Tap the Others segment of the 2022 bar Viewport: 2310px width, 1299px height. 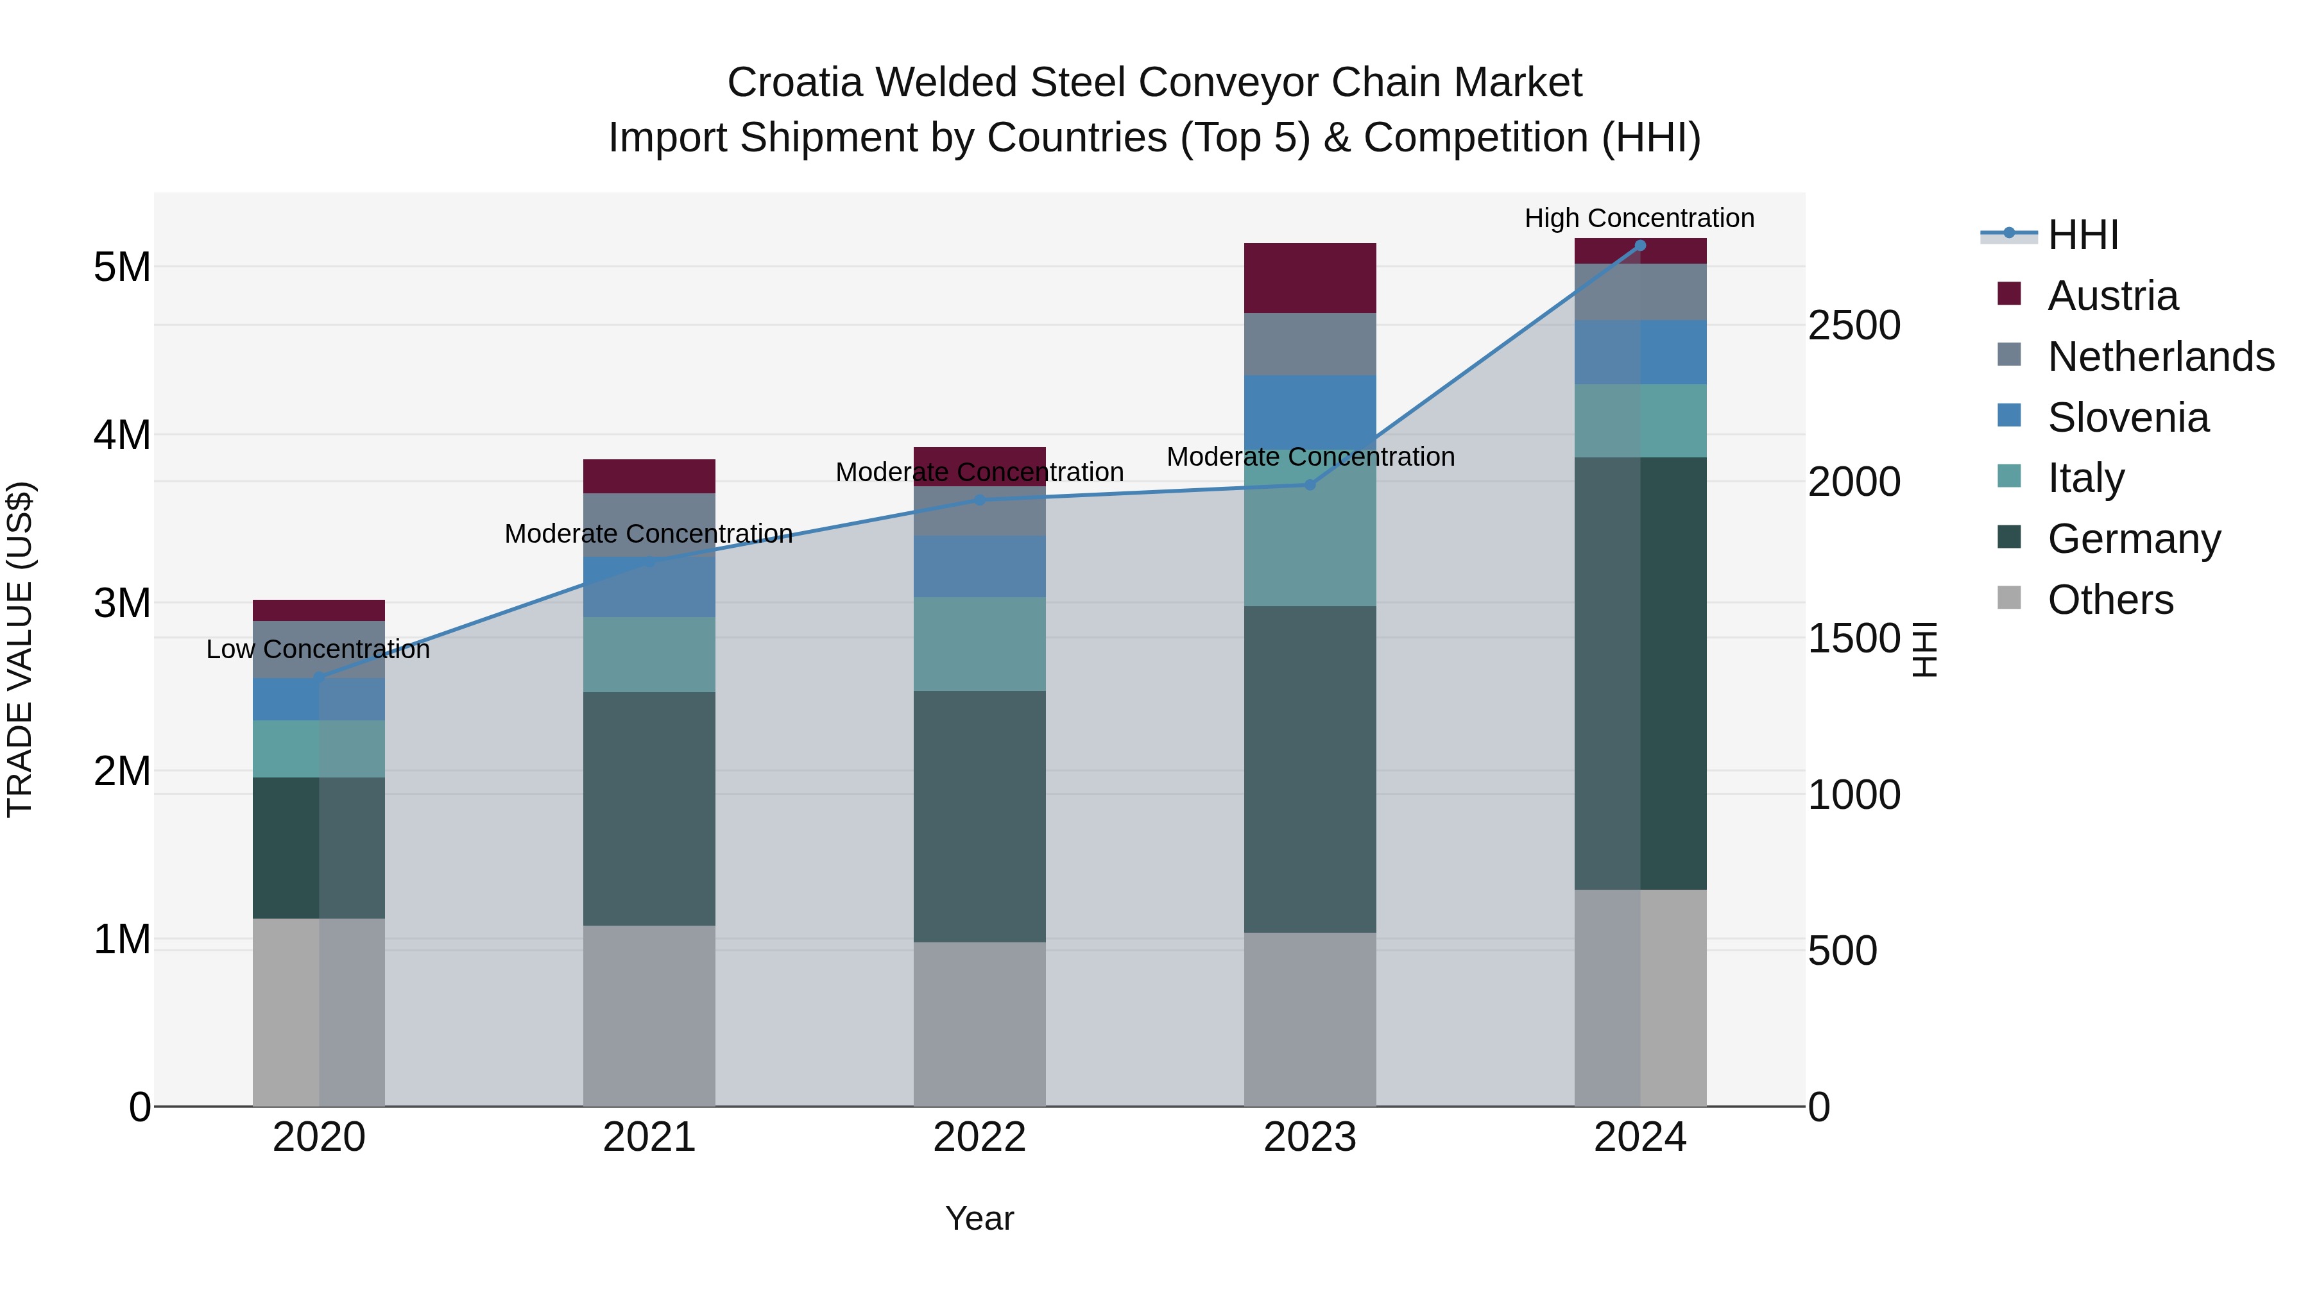coord(979,1023)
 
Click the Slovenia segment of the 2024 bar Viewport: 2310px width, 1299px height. coord(1640,352)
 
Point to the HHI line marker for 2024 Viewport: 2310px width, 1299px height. coord(1640,246)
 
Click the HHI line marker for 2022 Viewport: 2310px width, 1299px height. coord(979,500)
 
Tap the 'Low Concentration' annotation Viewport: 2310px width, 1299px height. coord(318,649)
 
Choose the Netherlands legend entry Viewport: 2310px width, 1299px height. coord(2160,357)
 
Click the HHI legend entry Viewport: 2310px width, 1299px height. coord(2082,235)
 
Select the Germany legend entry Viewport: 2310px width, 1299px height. coord(2134,539)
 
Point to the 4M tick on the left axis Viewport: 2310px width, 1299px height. coord(122,435)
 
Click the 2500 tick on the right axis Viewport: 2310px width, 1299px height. coord(1854,325)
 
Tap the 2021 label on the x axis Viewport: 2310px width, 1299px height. coord(649,1137)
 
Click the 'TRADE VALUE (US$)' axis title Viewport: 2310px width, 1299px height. coord(20,649)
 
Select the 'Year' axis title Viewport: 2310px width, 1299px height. coord(979,1218)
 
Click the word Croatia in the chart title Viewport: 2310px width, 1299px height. coord(794,83)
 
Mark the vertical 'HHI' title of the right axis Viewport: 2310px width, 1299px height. coord(1925,649)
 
